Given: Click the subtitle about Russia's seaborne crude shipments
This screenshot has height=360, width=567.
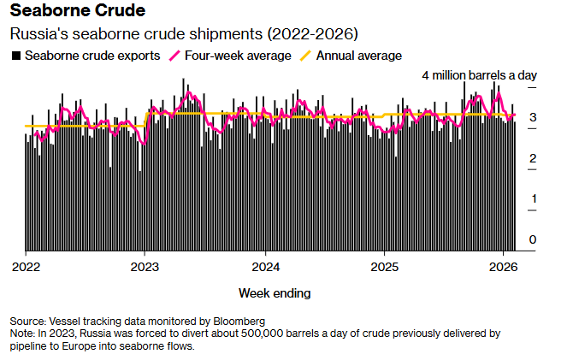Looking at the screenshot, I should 183,34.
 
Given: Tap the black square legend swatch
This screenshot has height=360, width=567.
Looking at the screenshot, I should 15,56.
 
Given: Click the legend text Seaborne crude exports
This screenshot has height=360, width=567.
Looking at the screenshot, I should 92,56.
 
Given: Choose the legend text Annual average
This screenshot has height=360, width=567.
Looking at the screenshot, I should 359,56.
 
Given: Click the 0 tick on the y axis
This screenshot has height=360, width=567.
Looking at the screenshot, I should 533,239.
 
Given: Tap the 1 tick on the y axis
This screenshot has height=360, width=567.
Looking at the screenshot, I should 533,199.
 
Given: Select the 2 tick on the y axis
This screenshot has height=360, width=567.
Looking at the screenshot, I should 533,158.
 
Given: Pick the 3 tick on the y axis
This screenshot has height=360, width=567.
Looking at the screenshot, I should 533,118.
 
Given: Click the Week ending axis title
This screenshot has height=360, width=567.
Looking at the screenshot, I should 275,293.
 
